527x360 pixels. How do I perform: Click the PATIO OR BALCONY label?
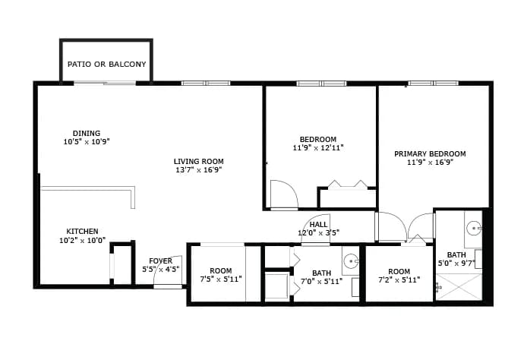(106, 65)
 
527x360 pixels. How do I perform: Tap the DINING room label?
(87, 134)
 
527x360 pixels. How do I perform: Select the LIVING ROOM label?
(199, 162)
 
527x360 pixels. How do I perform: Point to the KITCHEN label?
(82, 232)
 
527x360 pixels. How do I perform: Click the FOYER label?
(161, 261)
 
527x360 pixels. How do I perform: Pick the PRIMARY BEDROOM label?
(430, 154)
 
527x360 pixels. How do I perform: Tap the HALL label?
(318, 225)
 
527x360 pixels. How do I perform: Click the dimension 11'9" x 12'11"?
(318, 148)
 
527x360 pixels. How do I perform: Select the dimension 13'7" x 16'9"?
(199, 170)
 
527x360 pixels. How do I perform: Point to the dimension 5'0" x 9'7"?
(456, 264)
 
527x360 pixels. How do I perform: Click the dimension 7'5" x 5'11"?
(221, 279)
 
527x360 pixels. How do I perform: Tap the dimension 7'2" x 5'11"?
(399, 279)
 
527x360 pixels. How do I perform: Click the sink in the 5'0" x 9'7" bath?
(474, 228)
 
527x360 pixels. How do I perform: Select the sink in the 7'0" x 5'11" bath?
(352, 261)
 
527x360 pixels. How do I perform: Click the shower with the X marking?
(459, 287)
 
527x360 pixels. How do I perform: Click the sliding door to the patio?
(105, 83)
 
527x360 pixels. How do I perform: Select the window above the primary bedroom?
(434, 83)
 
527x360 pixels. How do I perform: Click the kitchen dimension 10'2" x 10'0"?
(82, 240)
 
